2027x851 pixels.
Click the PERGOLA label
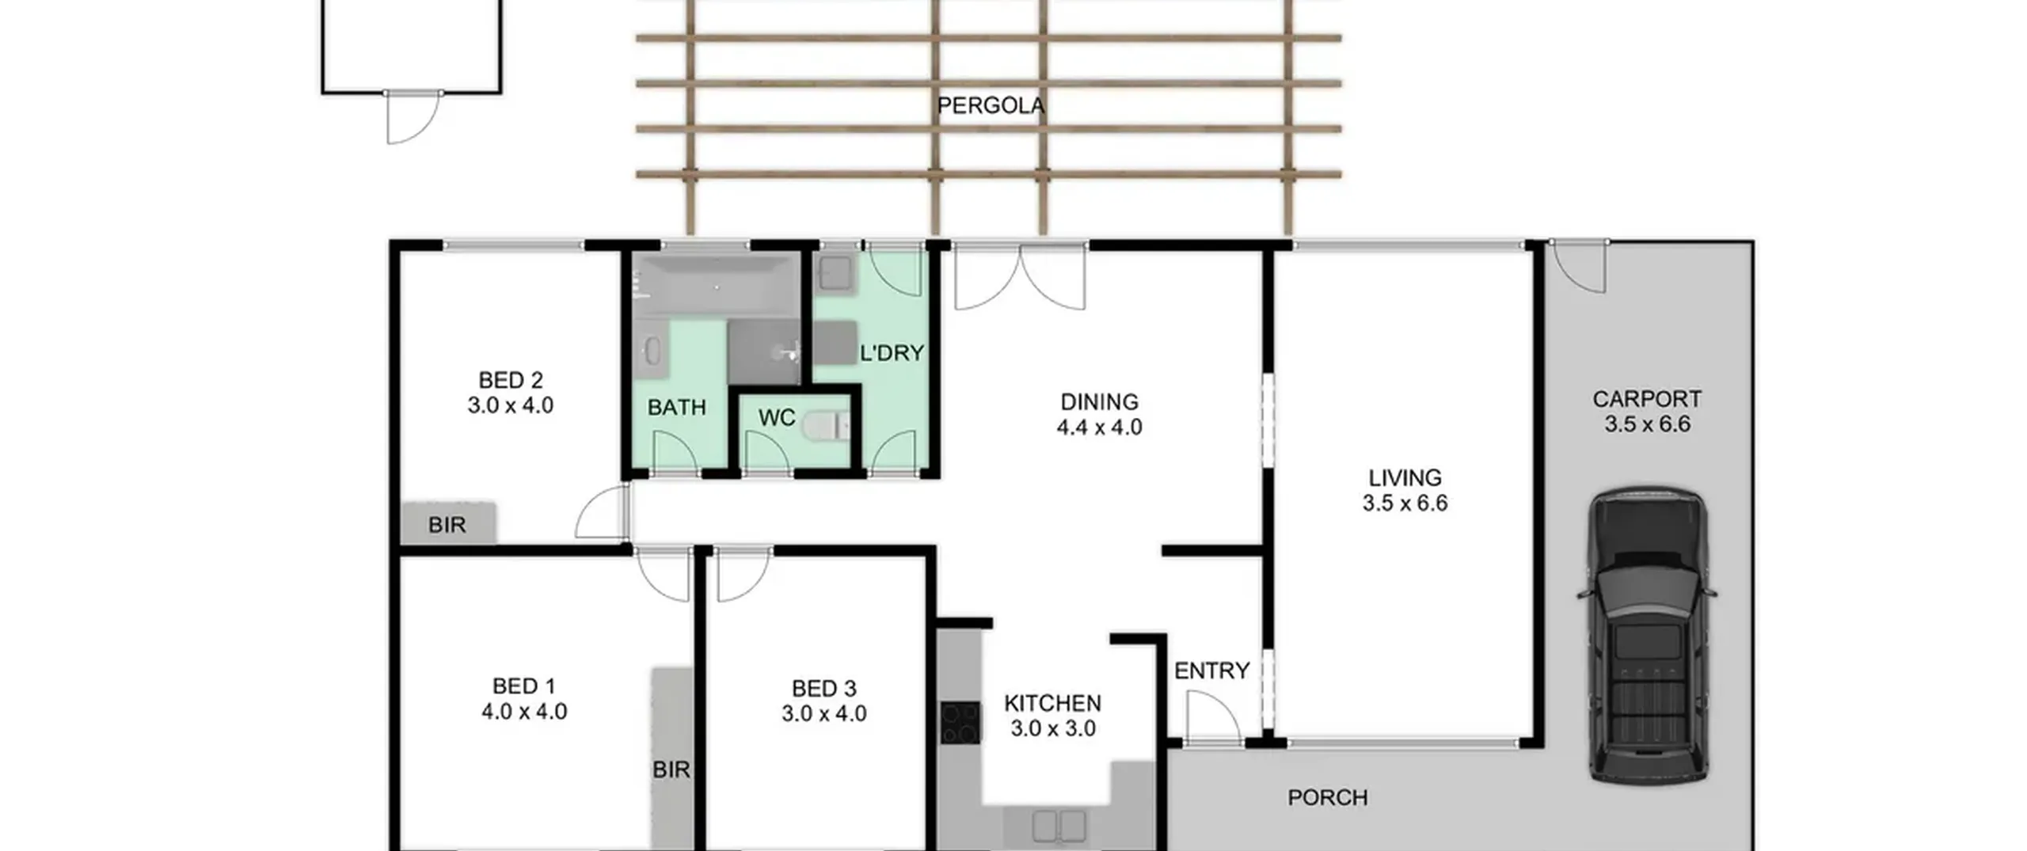click(991, 105)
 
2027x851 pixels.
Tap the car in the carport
click(1647, 636)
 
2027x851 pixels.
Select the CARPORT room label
click(1647, 399)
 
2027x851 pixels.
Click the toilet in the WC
click(825, 427)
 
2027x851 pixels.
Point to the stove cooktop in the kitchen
click(960, 723)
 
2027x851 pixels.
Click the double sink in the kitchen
click(1059, 826)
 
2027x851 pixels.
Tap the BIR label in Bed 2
click(447, 525)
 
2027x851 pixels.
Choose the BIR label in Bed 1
click(671, 769)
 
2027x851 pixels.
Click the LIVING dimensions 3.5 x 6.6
click(1405, 503)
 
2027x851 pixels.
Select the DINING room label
click(1099, 402)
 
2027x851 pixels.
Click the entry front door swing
click(1213, 718)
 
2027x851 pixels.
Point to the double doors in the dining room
click(1020, 277)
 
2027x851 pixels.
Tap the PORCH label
click(1328, 798)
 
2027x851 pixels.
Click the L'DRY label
click(892, 353)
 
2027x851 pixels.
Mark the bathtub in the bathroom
click(716, 285)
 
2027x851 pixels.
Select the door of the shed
click(413, 117)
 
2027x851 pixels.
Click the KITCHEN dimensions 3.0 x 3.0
click(1053, 729)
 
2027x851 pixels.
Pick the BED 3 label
click(823, 689)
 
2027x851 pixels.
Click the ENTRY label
click(1211, 671)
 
